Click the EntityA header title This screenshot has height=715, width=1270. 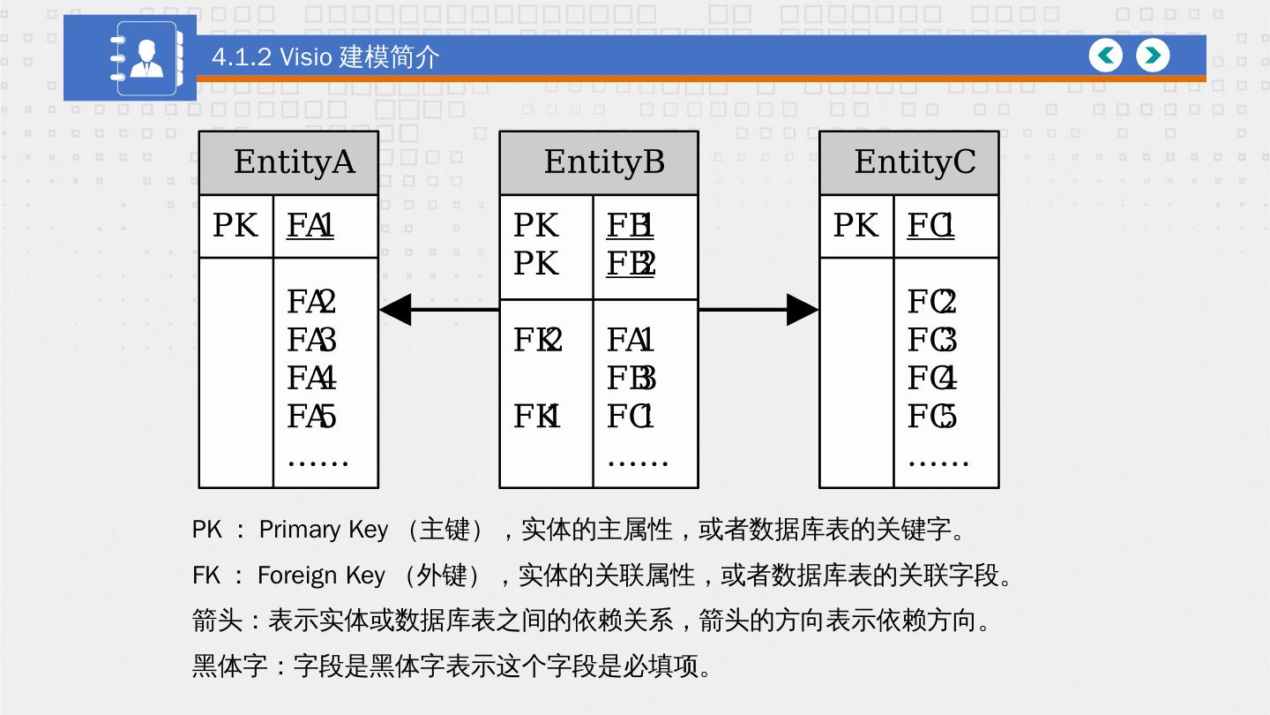tap(294, 162)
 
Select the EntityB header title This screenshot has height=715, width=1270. tap(604, 162)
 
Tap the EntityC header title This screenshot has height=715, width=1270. tap(915, 162)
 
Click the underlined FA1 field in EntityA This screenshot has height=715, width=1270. tap(310, 227)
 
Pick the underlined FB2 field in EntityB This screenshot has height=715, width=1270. tap(631, 264)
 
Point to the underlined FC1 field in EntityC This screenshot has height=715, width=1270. tap(931, 227)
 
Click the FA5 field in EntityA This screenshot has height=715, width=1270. tap(311, 417)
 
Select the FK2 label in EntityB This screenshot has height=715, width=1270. tap(538, 341)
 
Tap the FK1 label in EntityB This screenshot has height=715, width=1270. tap(537, 417)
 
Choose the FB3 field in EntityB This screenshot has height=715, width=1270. tap(631, 379)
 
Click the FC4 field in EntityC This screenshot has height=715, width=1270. tap(932, 379)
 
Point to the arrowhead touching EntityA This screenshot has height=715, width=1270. tap(396, 310)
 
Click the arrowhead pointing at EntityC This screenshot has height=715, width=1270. tap(802, 310)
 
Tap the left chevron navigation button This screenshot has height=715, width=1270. tap(1106, 56)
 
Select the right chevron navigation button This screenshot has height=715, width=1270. tap(1152, 56)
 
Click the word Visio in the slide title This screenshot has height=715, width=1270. tap(305, 57)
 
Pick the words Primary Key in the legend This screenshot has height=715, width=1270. tap(323, 530)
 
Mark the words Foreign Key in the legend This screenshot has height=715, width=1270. tap(321, 576)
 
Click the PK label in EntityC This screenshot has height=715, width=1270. tap(855, 227)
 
